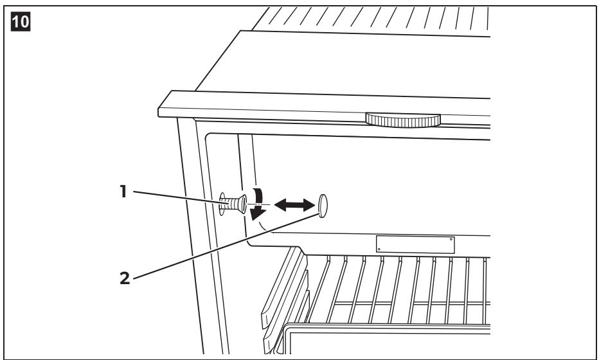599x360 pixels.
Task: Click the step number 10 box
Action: pos(21,21)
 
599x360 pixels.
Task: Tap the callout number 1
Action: pos(123,192)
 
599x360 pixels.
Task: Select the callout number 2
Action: pos(125,278)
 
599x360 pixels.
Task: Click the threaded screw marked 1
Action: pos(233,204)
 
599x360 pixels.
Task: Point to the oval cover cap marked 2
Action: pos(323,206)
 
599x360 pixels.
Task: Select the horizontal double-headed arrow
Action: pos(294,205)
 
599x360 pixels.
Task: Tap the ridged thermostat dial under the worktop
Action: pos(402,120)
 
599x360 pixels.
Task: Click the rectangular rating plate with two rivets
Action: pos(415,244)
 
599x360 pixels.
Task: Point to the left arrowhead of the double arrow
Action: pos(280,205)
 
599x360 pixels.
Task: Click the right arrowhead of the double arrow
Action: pos(308,205)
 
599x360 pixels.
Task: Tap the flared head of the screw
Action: pos(242,204)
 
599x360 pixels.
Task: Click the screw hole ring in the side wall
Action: pos(222,204)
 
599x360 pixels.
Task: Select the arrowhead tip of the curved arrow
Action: pos(253,220)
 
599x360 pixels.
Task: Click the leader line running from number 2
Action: pos(226,246)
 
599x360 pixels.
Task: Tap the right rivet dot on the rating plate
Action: pos(451,239)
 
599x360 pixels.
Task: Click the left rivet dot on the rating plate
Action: pos(379,250)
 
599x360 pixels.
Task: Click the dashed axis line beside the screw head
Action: pos(258,205)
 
